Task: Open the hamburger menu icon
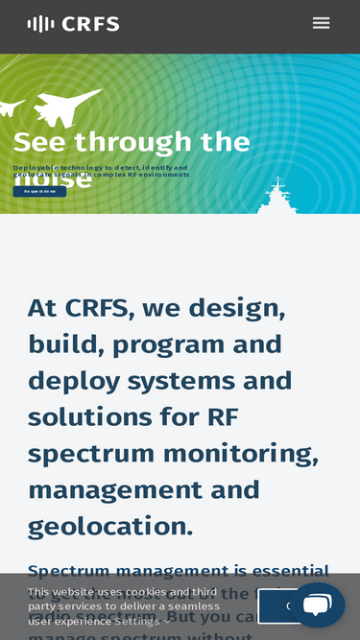(x=321, y=23)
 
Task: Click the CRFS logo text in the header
(x=90, y=24)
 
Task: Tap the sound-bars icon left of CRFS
(x=40, y=24)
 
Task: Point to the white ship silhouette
(x=278, y=198)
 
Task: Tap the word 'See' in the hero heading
(x=39, y=142)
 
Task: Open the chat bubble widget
(x=317, y=604)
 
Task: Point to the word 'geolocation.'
(x=110, y=526)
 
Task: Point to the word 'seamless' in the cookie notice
(x=193, y=606)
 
